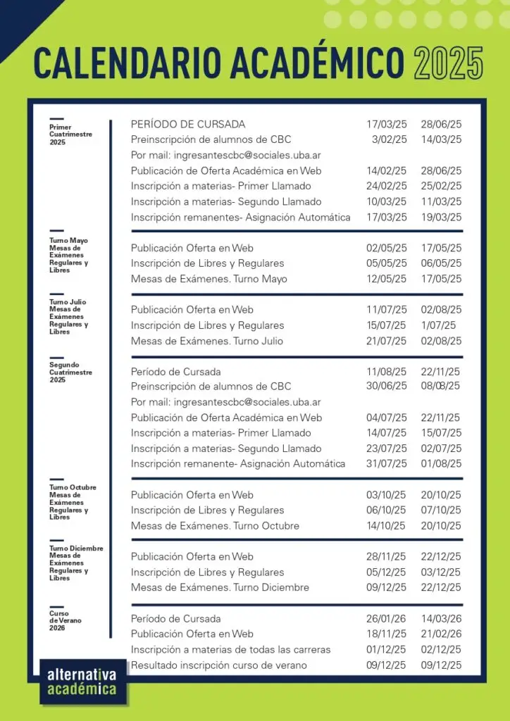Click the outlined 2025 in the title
point(448,63)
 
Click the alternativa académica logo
point(82,681)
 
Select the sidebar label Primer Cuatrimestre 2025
point(70,134)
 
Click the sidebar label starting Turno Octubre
point(73,502)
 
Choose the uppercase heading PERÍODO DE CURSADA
point(188,124)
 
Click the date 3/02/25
point(390,139)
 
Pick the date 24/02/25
point(386,186)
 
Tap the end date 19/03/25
point(441,217)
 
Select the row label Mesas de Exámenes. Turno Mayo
point(209,279)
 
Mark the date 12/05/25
point(386,279)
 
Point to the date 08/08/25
point(441,386)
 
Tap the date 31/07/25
point(386,463)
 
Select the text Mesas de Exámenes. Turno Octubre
point(215,526)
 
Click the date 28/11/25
point(386,556)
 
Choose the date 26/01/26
point(386,618)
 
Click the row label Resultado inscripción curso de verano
point(218,665)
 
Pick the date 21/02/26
point(441,634)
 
